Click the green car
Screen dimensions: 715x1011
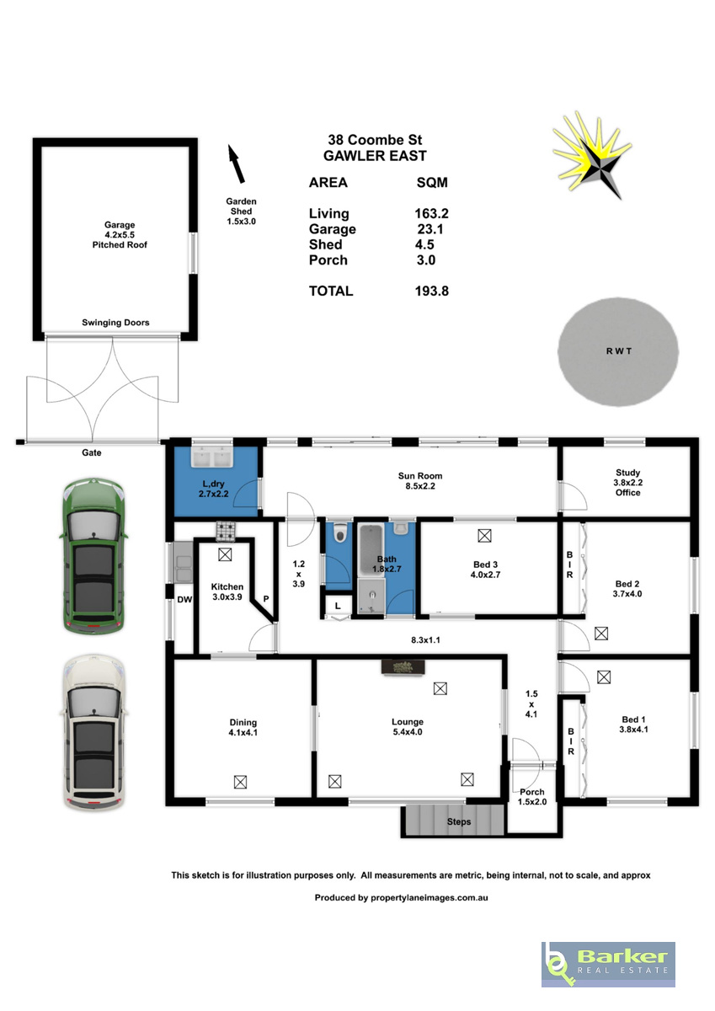tap(93, 555)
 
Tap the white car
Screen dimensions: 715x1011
tap(93, 732)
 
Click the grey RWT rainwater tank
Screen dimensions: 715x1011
tap(618, 351)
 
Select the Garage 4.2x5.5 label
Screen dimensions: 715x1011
tap(120, 230)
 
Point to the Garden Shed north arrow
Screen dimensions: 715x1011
tap(237, 163)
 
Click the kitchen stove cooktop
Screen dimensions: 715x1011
tap(226, 532)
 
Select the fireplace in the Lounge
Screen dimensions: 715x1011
tap(403, 667)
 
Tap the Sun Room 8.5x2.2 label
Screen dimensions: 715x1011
tap(420, 481)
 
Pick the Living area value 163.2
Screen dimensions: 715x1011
tap(432, 213)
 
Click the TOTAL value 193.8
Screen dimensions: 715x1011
tap(432, 292)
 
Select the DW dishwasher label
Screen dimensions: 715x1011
tap(184, 599)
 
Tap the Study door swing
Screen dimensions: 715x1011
tap(574, 496)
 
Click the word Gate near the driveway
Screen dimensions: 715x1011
tap(92, 452)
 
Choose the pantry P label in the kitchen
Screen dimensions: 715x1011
tap(265, 599)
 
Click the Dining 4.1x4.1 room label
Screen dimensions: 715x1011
tap(243, 727)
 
